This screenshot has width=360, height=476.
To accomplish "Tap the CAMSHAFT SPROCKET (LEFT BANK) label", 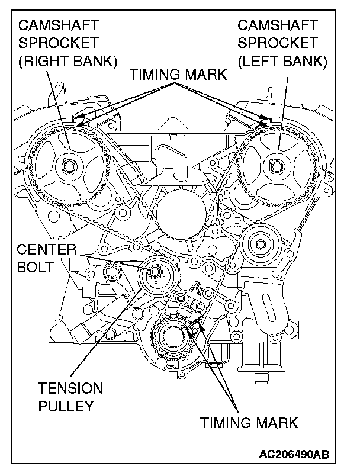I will (x=282, y=43).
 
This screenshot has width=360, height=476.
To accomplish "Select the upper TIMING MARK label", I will (x=178, y=75).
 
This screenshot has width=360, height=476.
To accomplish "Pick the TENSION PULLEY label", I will (x=70, y=397).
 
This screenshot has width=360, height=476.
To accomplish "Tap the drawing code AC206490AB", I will (x=294, y=455).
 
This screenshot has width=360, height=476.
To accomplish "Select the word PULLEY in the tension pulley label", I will (x=66, y=406).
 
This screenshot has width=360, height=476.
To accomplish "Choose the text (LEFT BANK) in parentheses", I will (x=282, y=62).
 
